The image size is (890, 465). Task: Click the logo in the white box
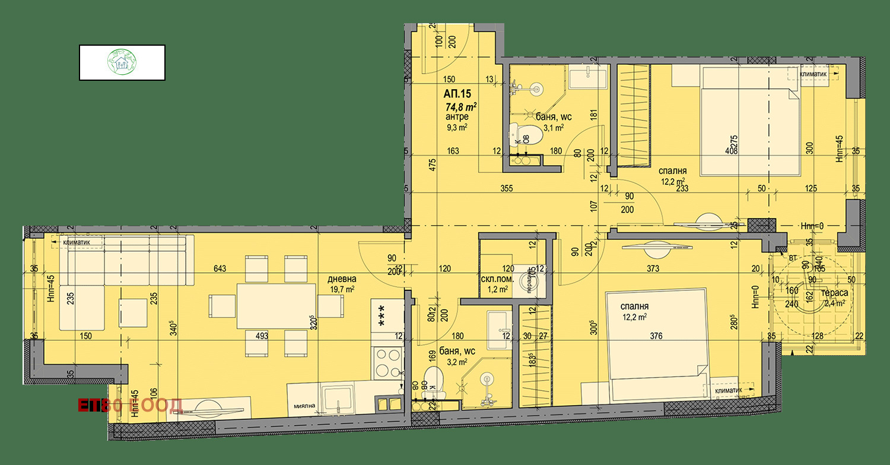pyautogui.click(x=122, y=62)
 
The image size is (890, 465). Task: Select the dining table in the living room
pyautogui.click(x=276, y=305)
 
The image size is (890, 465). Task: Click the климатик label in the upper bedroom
pyautogui.click(x=815, y=74)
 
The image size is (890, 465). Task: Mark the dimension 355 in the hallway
pyautogui.click(x=506, y=188)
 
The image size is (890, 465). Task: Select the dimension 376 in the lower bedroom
pyautogui.click(x=656, y=336)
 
